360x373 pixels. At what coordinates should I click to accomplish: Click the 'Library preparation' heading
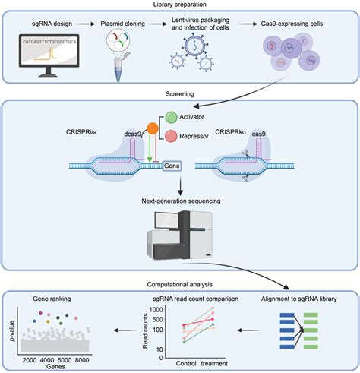(179, 5)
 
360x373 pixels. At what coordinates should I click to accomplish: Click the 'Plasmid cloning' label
(124, 24)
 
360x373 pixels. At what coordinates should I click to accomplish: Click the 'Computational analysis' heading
(179, 285)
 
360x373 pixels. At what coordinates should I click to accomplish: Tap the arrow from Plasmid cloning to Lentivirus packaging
(160, 24)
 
